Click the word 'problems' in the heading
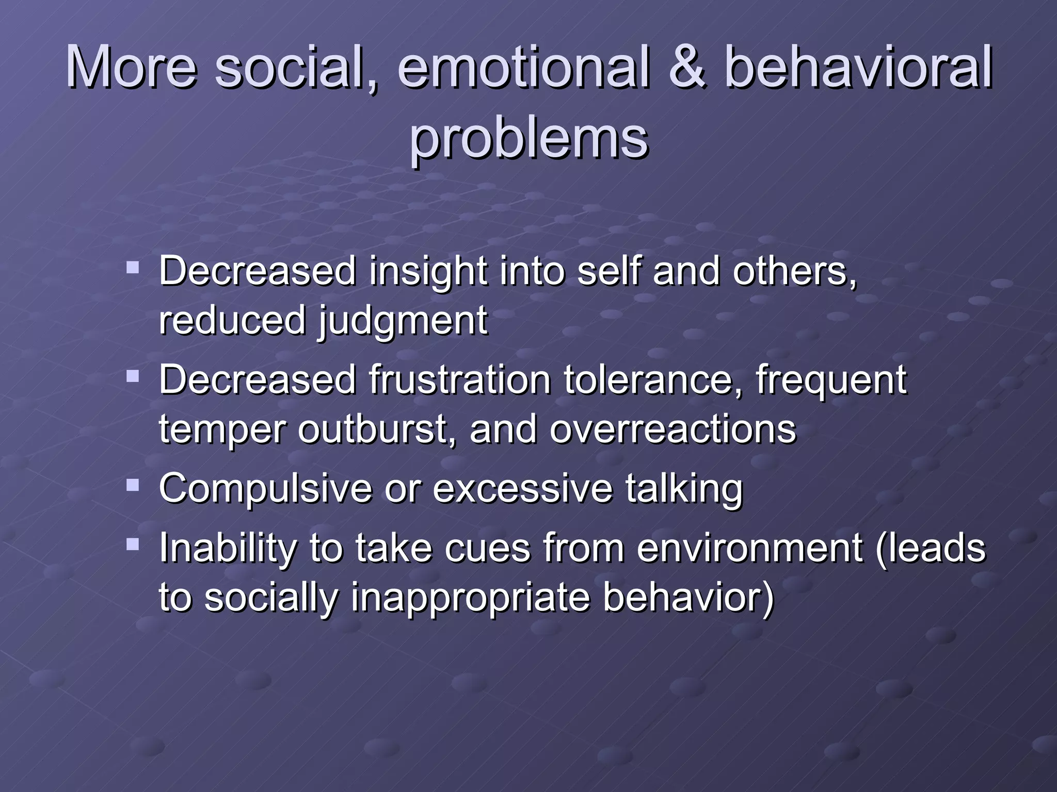[528, 138]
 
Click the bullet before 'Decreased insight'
[133, 267]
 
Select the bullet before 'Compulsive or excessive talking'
[133, 485]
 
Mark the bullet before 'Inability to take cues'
[133, 544]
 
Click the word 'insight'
[427, 271]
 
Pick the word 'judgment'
[402, 321]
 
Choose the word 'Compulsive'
[265, 489]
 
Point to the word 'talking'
[684, 489]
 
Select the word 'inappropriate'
[470, 598]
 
